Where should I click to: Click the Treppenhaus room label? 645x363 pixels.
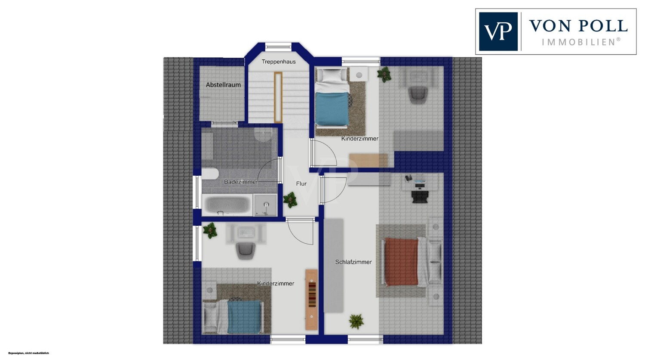[x=279, y=62]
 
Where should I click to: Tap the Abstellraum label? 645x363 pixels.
[x=223, y=85]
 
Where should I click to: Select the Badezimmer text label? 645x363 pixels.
[x=241, y=182]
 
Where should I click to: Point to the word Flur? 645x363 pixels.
[x=301, y=184]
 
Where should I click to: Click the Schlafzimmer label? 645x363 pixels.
[x=353, y=262]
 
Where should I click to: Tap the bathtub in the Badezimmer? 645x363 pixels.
[x=227, y=205]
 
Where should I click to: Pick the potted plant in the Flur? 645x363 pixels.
[x=290, y=200]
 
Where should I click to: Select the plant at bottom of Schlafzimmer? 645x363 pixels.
[x=356, y=321]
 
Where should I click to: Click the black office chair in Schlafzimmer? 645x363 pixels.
[x=421, y=197]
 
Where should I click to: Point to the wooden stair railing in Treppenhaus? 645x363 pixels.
[x=278, y=97]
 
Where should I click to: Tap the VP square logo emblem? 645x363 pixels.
[x=498, y=31]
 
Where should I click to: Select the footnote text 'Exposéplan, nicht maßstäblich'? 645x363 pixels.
[x=28, y=353]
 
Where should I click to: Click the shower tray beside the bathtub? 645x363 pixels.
[x=265, y=205]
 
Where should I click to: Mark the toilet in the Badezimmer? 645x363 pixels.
[x=210, y=174]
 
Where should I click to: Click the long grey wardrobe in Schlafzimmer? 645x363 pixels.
[x=334, y=266]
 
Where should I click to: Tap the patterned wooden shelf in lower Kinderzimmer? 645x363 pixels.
[x=312, y=300]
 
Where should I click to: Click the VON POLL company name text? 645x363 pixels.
[x=578, y=26]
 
